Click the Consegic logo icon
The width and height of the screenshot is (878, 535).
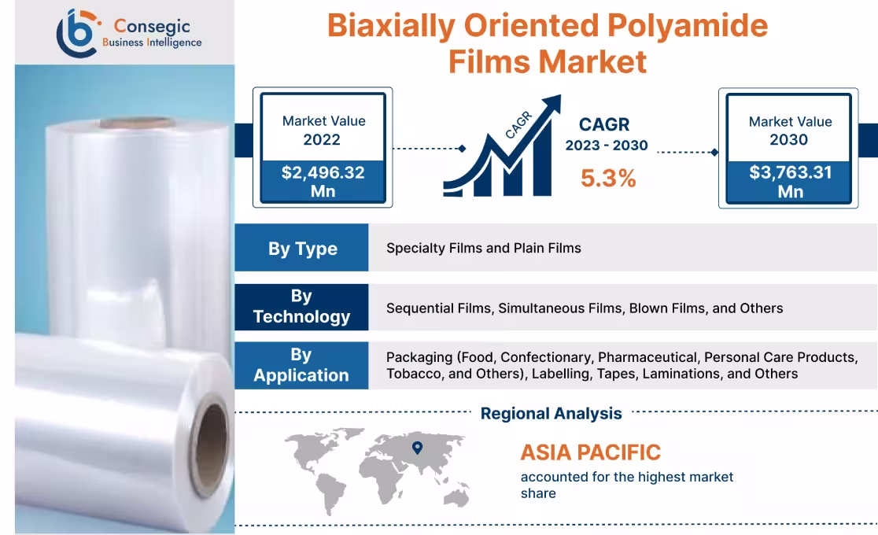tap(77, 32)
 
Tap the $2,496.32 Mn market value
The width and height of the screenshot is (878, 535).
tap(323, 181)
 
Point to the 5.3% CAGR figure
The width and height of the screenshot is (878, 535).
tap(607, 179)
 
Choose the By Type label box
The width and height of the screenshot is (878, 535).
tap(302, 249)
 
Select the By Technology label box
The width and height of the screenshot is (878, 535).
tap(301, 307)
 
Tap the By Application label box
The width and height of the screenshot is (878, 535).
tap(301, 365)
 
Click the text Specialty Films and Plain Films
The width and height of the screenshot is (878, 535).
tap(483, 248)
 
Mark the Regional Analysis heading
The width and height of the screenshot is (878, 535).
tap(551, 413)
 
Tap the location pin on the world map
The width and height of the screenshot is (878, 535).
tap(417, 448)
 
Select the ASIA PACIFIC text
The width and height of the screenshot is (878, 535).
tap(590, 452)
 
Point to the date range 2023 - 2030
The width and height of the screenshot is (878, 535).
tap(606, 146)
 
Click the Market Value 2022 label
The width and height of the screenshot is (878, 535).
tap(323, 130)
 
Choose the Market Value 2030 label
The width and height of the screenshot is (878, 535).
tap(789, 130)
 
